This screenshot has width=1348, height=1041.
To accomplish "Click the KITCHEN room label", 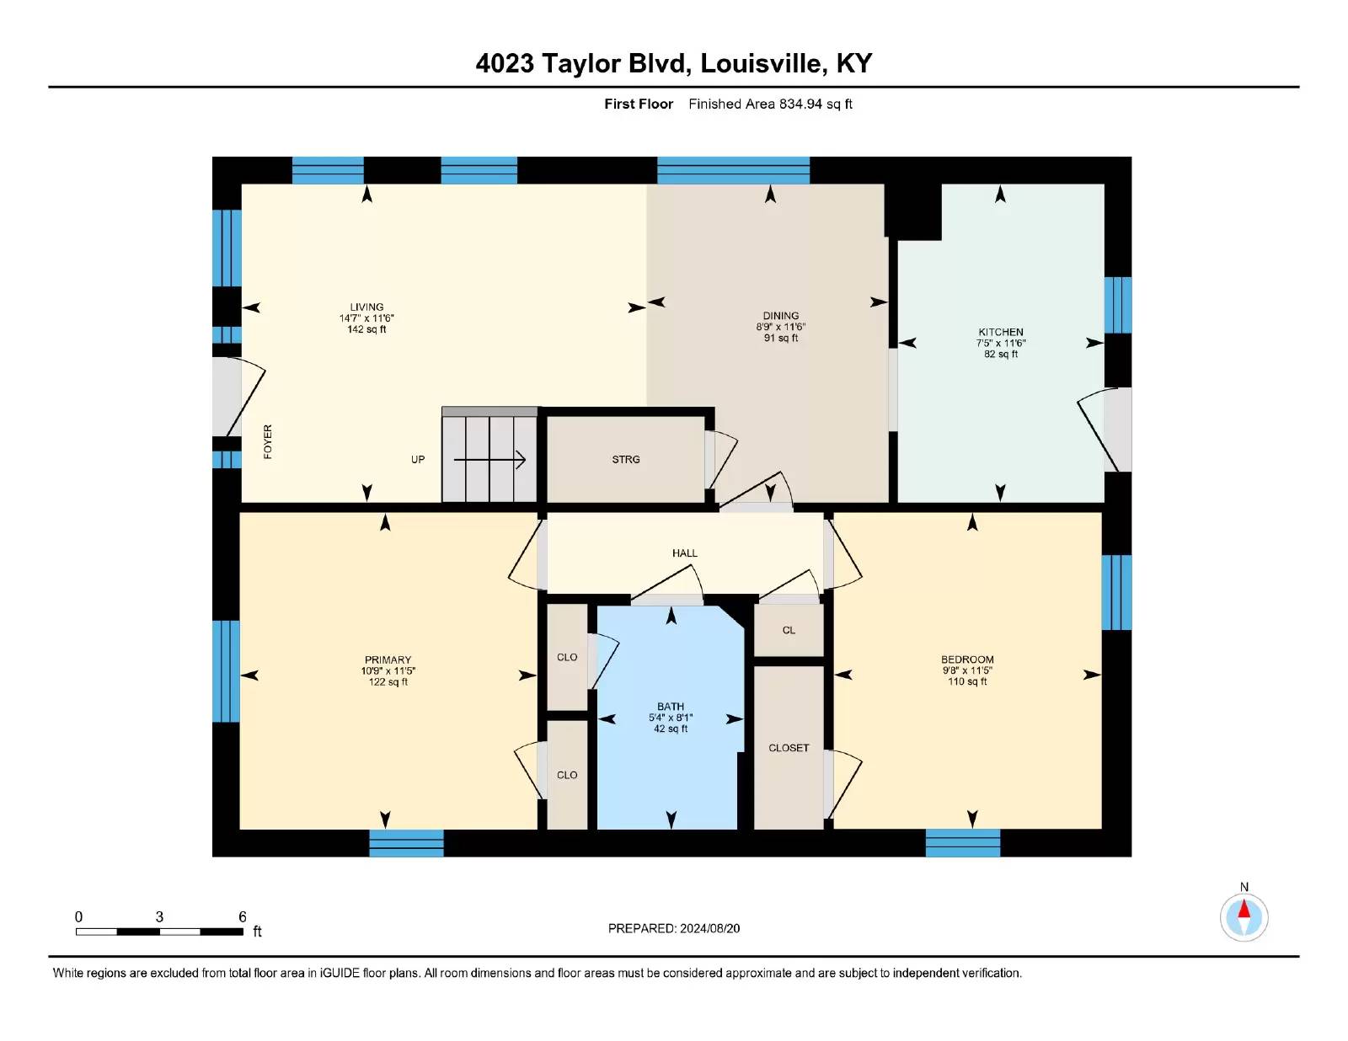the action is pyautogui.click(x=1001, y=332).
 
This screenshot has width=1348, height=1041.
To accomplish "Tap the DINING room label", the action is pyautogui.click(x=780, y=316).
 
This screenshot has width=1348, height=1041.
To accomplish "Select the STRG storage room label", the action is pyautogui.click(x=625, y=459).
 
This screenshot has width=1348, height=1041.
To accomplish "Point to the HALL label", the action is pyautogui.click(x=685, y=553).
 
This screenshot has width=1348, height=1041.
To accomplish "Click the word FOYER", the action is pyautogui.click(x=268, y=441).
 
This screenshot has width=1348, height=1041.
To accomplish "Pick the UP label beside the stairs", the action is pyautogui.click(x=418, y=459).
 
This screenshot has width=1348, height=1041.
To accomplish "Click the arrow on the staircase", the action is pyautogui.click(x=490, y=459).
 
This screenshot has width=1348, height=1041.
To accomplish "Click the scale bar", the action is pyautogui.click(x=159, y=932).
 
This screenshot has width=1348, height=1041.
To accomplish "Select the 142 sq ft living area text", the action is pyautogui.click(x=366, y=329).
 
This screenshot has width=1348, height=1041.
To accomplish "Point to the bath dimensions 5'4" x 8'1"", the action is pyautogui.click(x=671, y=718).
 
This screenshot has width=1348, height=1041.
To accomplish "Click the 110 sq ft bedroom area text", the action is pyautogui.click(x=967, y=681).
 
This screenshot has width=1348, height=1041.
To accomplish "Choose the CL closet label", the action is pyautogui.click(x=789, y=631).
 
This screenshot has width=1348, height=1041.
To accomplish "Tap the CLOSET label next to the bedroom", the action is pyautogui.click(x=789, y=748).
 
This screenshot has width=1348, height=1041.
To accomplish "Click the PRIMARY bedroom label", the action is pyautogui.click(x=388, y=659).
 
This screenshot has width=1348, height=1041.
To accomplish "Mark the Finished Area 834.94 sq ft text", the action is pyautogui.click(x=770, y=104).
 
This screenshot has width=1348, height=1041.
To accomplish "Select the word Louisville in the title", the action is pyautogui.click(x=763, y=63).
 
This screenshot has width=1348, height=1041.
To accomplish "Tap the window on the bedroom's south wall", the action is pyautogui.click(x=963, y=842).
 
